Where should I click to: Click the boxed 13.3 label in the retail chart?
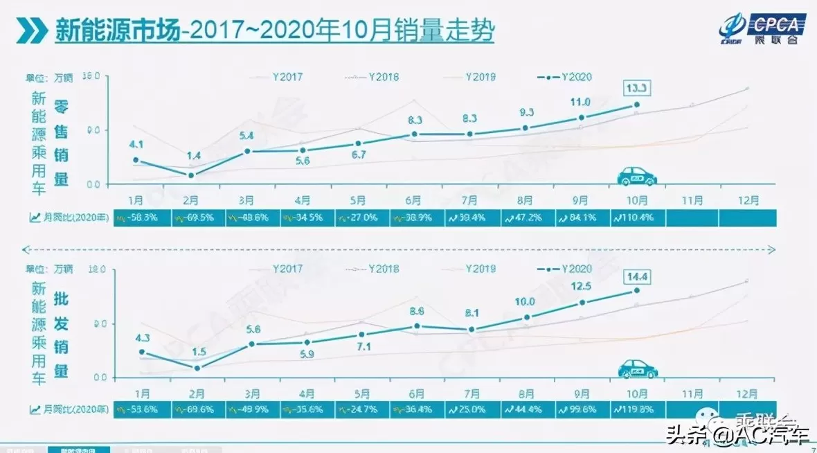[x=636, y=88]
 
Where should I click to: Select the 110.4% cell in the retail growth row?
[x=636, y=218]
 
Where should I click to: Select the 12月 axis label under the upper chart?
[x=747, y=200]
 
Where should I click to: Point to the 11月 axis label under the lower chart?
[x=692, y=393]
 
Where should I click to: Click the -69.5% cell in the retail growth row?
[x=197, y=218]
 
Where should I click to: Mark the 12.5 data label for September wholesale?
[x=580, y=286]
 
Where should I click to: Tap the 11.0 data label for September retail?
[x=580, y=102]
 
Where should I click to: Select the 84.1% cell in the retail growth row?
[x=580, y=218]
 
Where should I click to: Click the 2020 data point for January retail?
[x=136, y=160]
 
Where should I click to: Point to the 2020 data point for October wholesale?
[x=636, y=291]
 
